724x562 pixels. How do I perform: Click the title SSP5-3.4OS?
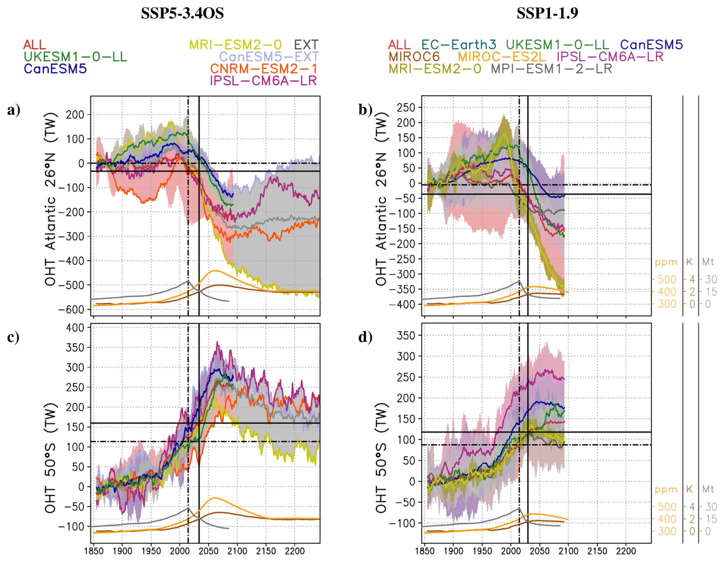pyautogui.click(x=182, y=13)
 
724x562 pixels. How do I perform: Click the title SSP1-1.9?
pyautogui.click(x=547, y=13)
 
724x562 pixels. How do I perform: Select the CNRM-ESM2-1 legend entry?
pyautogui.click(x=263, y=69)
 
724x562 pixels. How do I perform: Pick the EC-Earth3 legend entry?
pyautogui.click(x=458, y=45)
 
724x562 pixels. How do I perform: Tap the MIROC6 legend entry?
pyautogui.click(x=414, y=57)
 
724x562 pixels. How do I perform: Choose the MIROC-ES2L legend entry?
pyautogui.click(x=501, y=57)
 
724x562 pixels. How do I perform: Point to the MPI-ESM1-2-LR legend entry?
pyautogui.click(x=551, y=69)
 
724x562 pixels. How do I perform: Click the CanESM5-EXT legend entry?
pyautogui.click(x=269, y=57)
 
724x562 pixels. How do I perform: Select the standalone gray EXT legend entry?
pyautogui.click(x=306, y=45)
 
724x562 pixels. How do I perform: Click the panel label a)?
pyautogui.click(x=14, y=110)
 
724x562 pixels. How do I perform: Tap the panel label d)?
pyautogui.click(x=365, y=337)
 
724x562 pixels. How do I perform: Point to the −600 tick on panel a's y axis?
pyautogui.click(x=71, y=310)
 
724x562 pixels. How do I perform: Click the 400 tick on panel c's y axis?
pyautogui.click(x=75, y=328)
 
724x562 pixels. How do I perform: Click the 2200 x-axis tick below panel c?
pyautogui.click(x=295, y=551)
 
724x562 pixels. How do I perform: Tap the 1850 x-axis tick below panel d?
pyautogui.click(x=425, y=551)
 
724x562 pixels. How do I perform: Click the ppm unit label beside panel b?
pyautogui.click(x=666, y=262)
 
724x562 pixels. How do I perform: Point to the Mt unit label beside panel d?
pyautogui.click(x=708, y=489)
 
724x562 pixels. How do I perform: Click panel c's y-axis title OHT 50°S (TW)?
pyautogui.click(x=51, y=457)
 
